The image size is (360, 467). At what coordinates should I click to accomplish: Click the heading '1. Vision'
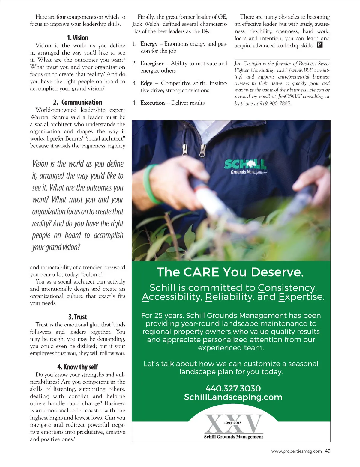tap(77, 38)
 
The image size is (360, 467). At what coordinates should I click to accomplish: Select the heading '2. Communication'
tap(77, 102)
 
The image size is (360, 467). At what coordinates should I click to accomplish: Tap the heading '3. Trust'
tap(77, 317)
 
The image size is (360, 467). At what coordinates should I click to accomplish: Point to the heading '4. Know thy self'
tap(77, 367)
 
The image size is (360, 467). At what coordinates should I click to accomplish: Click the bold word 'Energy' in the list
tap(149, 44)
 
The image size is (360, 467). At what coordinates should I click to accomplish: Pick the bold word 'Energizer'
tap(152, 64)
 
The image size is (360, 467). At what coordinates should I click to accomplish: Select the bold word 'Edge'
tap(146, 83)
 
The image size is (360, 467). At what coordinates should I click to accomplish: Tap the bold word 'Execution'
tap(152, 103)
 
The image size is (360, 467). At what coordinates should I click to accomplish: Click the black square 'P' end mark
tap(319, 45)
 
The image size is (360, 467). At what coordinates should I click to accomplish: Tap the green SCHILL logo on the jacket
tap(245, 165)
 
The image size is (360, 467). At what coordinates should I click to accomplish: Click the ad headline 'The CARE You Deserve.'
tap(230, 272)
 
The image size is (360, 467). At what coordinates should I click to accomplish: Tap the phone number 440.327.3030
tap(233, 388)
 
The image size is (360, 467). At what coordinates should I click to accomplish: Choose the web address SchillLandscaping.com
tap(233, 397)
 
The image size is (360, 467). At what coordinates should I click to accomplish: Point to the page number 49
tap(328, 451)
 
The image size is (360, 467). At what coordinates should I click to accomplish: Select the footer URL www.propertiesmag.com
tap(296, 451)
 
